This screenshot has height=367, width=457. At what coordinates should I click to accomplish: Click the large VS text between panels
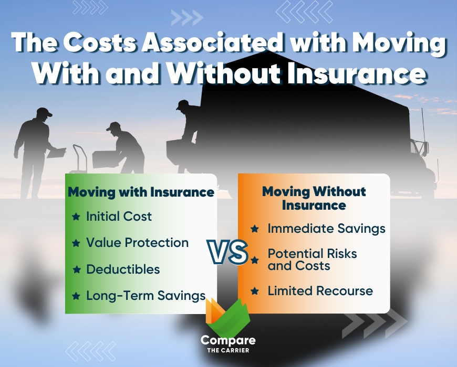click(x=228, y=252)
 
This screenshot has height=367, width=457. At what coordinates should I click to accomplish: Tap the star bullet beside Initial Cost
click(x=76, y=217)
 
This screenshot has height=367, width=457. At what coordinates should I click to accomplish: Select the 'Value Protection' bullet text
click(x=137, y=243)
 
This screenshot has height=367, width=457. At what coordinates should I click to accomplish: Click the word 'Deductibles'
click(x=123, y=269)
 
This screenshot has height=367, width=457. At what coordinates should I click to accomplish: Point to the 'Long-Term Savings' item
click(x=146, y=296)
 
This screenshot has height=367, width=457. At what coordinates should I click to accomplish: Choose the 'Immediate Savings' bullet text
click(x=326, y=229)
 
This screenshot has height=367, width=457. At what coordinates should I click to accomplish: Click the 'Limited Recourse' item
click(x=320, y=291)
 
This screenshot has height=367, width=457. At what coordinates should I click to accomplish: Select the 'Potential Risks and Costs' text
click(x=312, y=260)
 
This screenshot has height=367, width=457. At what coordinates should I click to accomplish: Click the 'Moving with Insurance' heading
click(x=141, y=192)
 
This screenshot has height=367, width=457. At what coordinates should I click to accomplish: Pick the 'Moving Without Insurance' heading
click(x=314, y=198)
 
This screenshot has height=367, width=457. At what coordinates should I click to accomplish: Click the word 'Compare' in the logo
click(x=228, y=340)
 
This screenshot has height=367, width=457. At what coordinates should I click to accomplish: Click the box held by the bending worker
click(x=103, y=158)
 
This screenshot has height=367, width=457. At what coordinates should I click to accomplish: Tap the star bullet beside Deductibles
click(x=76, y=269)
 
